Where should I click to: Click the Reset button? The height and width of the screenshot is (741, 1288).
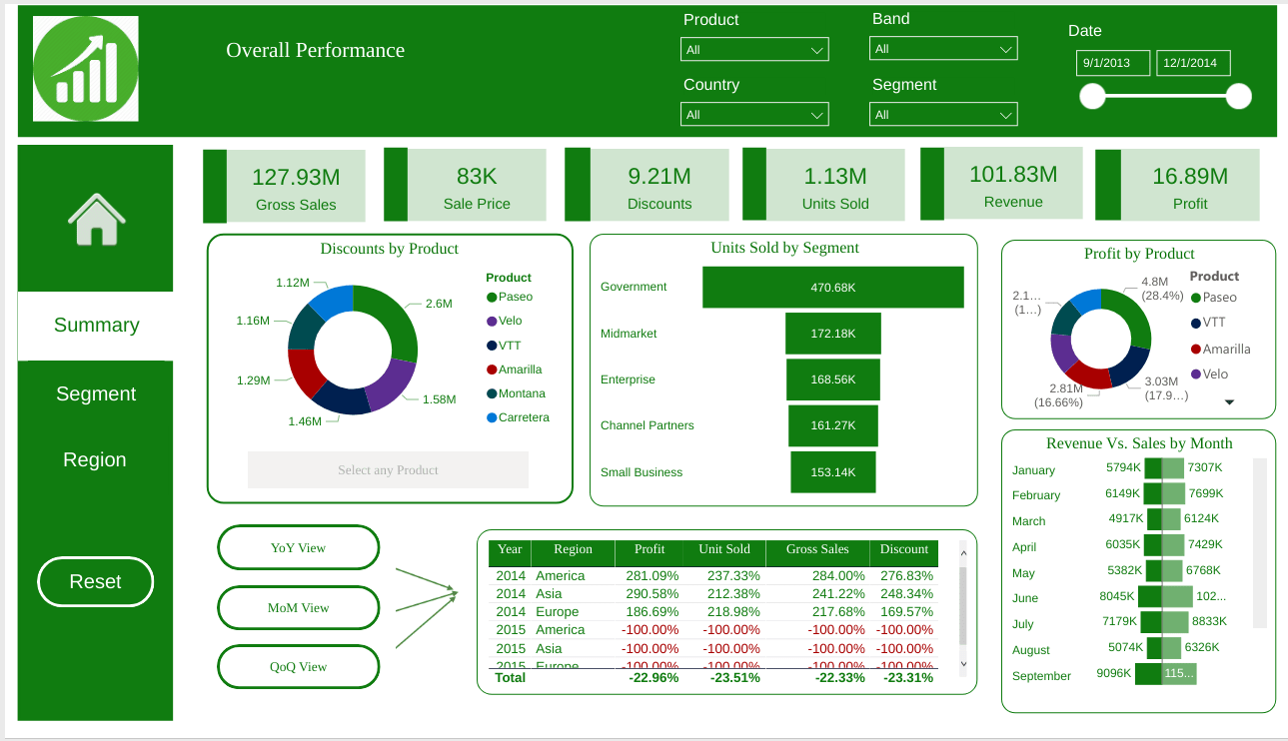point(95,582)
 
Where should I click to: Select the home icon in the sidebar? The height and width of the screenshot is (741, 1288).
point(96,220)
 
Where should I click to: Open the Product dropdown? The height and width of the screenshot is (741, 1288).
point(754,50)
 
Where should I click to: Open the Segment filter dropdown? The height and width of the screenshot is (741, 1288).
point(943,115)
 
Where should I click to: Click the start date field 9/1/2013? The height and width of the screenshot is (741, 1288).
point(1112,63)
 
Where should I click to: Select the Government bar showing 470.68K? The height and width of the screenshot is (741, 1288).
point(832,288)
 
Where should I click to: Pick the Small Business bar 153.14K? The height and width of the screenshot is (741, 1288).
point(832,472)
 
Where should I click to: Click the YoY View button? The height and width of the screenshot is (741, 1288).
point(298,548)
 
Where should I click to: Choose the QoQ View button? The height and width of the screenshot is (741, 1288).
point(298,667)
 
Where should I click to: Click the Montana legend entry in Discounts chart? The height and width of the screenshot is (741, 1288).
point(522,393)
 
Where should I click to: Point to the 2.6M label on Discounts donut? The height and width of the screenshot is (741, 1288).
point(439,304)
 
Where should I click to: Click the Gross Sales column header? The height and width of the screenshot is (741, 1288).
point(816,549)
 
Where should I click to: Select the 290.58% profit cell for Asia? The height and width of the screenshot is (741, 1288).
point(651,594)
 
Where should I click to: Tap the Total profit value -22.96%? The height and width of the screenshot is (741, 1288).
point(653,678)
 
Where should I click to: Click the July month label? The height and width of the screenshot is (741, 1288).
point(1023,624)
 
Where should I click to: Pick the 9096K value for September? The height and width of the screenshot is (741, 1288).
point(1113,673)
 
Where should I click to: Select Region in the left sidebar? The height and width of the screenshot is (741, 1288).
point(95,460)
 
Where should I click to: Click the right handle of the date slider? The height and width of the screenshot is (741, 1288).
point(1238,96)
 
